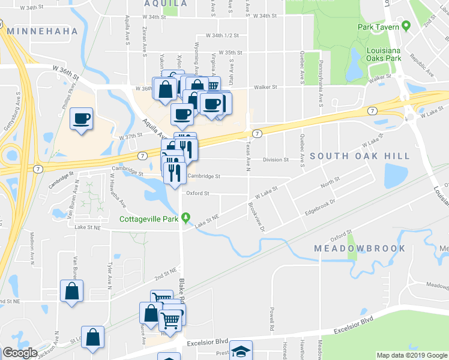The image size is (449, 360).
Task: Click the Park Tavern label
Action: [x=379, y=27]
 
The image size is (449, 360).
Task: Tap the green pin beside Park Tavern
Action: [x=406, y=26]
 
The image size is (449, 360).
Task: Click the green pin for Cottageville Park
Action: [x=186, y=217]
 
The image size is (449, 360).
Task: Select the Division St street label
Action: [x=277, y=160]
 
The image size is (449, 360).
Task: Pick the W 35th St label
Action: [x=231, y=53]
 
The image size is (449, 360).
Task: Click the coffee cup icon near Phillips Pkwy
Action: [x=81, y=118]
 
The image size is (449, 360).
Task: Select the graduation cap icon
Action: [x=241, y=350]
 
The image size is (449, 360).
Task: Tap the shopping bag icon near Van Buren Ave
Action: [x=71, y=292]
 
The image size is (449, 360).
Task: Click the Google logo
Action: [x=19, y=353]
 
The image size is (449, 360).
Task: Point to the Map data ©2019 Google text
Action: [x=412, y=355]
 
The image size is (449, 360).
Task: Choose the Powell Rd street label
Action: [x=272, y=320]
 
